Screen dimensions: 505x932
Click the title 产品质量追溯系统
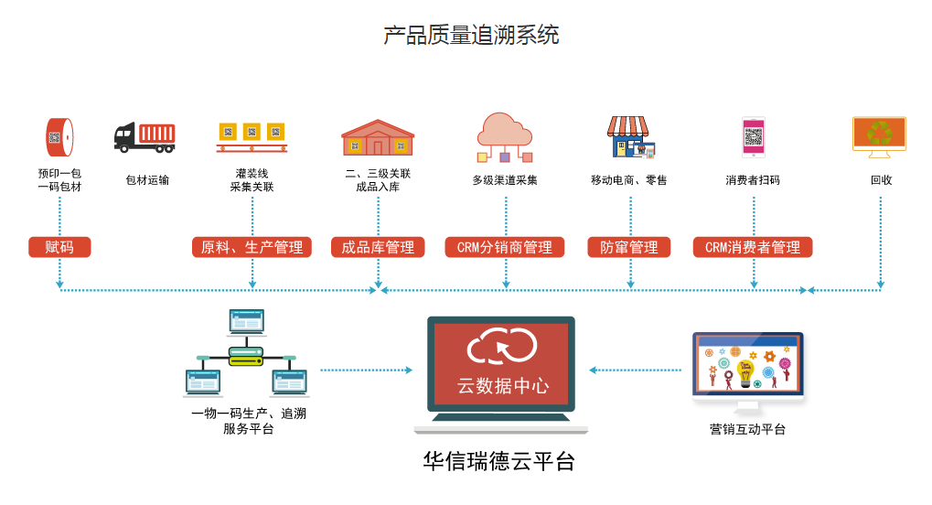[x=471, y=35]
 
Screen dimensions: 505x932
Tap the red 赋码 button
[x=59, y=247]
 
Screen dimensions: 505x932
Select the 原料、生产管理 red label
[x=252, y=247]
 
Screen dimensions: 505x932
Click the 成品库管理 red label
[x=378, y=247]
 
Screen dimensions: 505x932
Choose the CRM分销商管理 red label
[x=504, y=247]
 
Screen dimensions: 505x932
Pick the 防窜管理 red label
[x=628, y=247]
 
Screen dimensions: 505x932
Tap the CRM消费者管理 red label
[x=753, y=247]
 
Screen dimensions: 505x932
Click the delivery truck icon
[x=145, y=137]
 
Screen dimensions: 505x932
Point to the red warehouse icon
[x=378, y=137]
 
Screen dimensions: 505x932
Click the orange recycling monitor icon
[x=879, y=134]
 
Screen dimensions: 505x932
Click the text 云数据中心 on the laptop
[x=503, y=385]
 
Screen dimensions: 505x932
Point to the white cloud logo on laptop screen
[x=501, y=347]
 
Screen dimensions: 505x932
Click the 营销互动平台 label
[x=747, y=429]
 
